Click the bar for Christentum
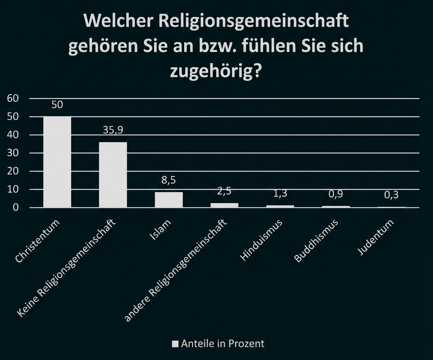tap(57, 162)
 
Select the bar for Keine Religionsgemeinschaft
tap(113, 175)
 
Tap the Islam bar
tap(168, 199)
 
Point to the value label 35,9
tap(113, 130)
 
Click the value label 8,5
tap(168, 180)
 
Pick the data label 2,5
tap(224, 191)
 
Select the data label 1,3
tap(280, 193)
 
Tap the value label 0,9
tap(336, 194)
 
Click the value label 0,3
tap(391, 195)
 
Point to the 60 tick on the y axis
tap(13, 98)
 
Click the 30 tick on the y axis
tap(13, 153)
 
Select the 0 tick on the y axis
tap(16, 207)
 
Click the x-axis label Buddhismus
tap(316, 241)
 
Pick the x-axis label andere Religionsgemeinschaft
tap(176, 271)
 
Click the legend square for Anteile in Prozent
tap(175, 344)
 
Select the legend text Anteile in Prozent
tap(223, 343)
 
